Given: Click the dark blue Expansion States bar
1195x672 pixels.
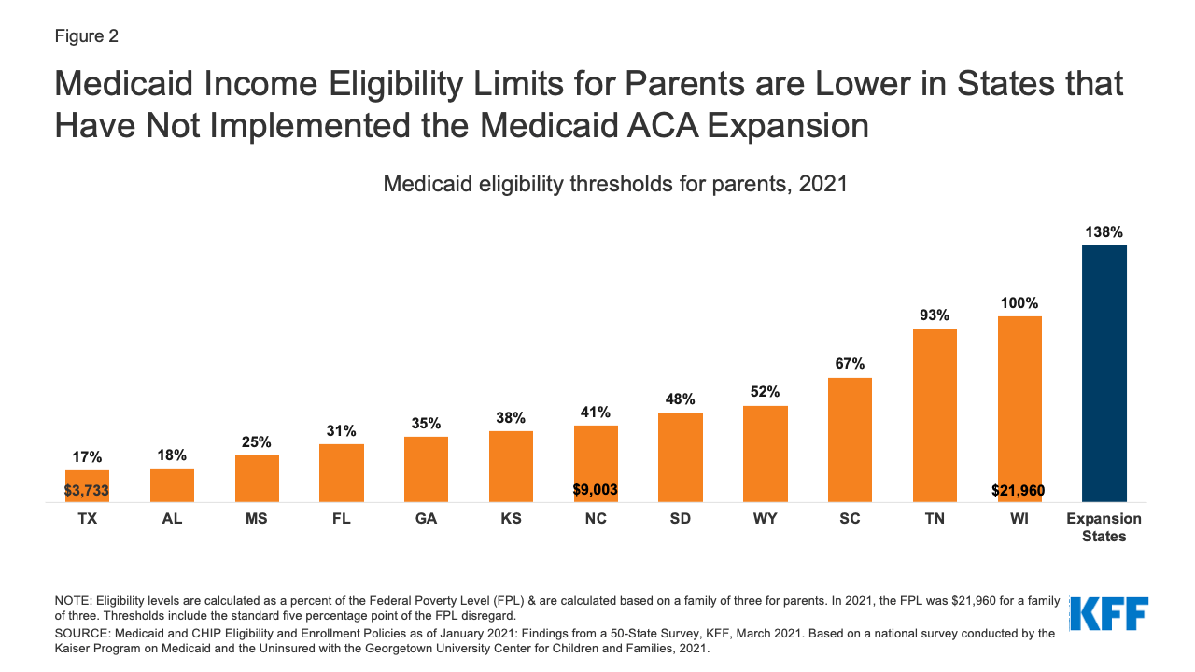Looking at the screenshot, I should [x=1104, y=373].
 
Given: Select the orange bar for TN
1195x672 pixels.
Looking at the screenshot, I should [x=935, y=415].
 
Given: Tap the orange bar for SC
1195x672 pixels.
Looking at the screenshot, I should [x=850, y=440].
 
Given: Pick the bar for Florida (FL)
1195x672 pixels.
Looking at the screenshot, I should [x=342, y=473].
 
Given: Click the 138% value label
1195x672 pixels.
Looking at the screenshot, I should [x=1104, y=232].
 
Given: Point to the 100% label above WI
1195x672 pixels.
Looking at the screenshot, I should [x=1019, y=303].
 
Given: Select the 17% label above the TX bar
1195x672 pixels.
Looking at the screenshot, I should [x=87, y=457].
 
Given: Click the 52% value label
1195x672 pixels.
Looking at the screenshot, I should [x=765, y=392].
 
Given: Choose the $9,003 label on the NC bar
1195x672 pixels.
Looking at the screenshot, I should [x=596, y=489].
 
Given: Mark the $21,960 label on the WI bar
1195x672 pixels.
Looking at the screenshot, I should [x=1019, y=490].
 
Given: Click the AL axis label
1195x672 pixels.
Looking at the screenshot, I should [x=172, y=519].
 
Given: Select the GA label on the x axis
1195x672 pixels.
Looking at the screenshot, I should [x=426, y=519].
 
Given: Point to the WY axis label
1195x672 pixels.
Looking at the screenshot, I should [x=765, y=519].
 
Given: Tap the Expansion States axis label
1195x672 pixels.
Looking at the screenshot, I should [x=1104, y=527].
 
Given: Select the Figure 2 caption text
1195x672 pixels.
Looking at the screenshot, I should [x=87, y=36].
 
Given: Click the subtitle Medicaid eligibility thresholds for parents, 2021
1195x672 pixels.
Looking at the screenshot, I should [x=615, y=184].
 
